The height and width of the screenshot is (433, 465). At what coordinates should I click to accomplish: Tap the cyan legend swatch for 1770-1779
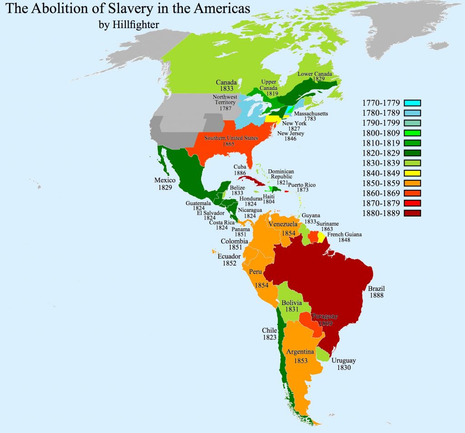pos(412,103)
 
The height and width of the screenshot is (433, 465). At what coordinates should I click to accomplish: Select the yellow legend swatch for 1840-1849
pos(412,173)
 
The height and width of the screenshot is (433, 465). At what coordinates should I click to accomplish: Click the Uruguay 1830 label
pos(343,364)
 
